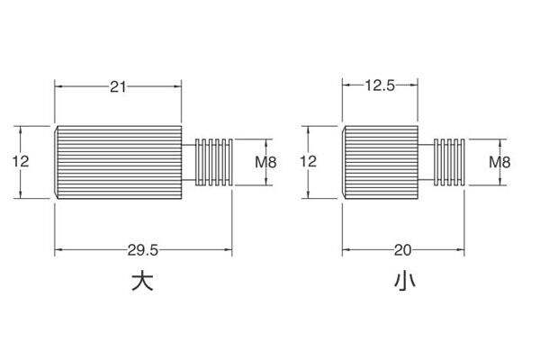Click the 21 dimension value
118,86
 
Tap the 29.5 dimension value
142,250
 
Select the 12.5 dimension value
380,85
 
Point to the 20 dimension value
402,250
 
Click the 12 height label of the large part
21,161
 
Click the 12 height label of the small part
308,161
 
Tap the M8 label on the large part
265,162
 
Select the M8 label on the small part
499,162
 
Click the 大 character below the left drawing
142,282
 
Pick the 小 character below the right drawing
405,281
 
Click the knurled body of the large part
118,162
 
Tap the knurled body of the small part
380,162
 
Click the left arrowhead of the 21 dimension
58,86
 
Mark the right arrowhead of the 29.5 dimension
229,249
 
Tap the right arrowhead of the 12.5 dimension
414,85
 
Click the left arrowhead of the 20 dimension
346,249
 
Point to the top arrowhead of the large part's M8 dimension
265,142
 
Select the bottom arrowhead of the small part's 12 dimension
308,195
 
